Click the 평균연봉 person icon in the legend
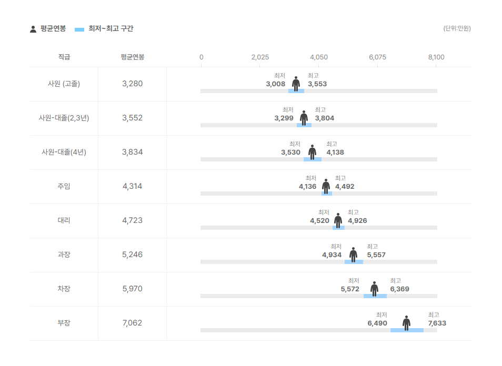point(33,29)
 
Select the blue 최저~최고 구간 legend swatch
point(79,29)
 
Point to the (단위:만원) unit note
point(457,28)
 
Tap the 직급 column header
point(64,57)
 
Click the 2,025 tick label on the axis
point(260,57)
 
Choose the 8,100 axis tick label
point(436,57)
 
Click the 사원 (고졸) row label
point(64,84)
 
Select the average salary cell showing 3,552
point(132,118)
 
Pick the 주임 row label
point(64,186)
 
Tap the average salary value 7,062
point(132,323)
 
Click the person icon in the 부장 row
point(406,323)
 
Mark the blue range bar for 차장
point(375,296)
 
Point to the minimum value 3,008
point(275,84)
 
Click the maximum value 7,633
point(437,323)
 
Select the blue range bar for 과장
point(354,262)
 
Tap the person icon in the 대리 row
point(338,220)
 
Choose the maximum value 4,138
point(335,152)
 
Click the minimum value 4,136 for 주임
point(307,187)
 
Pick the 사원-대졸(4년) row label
point(64,152)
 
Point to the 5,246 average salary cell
point(132,255)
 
